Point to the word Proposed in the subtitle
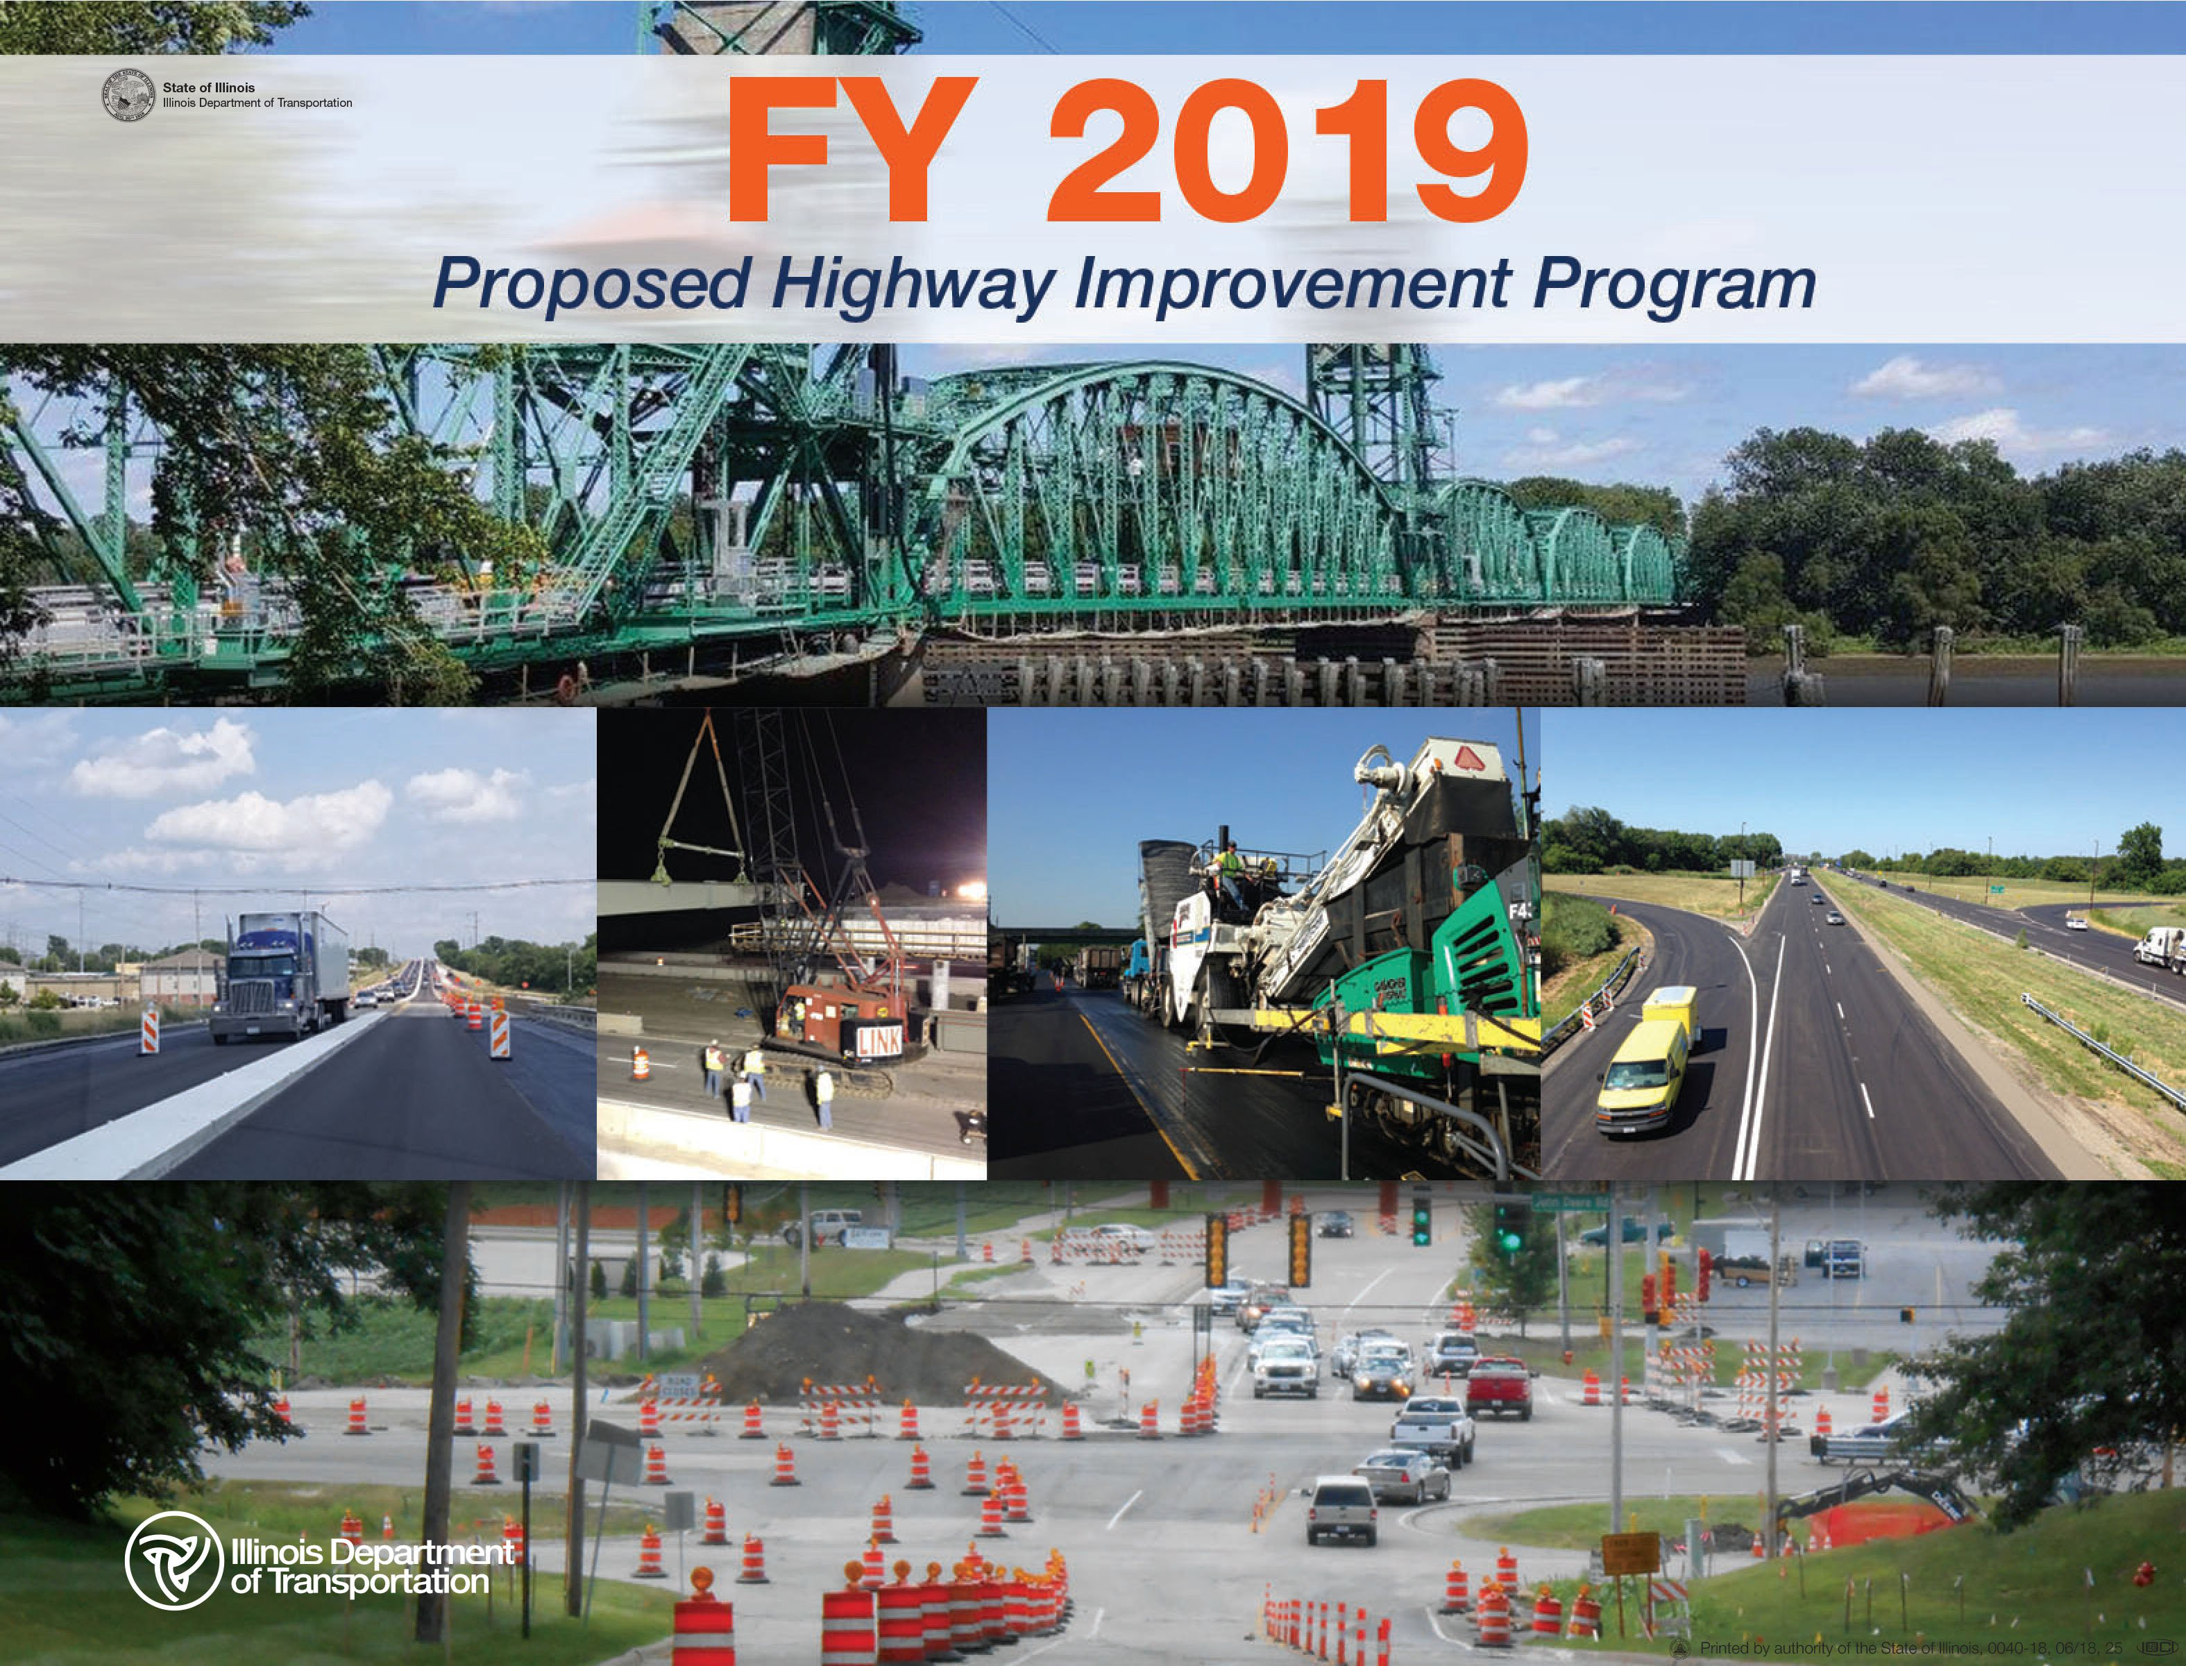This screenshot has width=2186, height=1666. (x=591, y=284)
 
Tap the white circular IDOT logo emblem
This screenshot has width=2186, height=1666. (x=173, y=1560)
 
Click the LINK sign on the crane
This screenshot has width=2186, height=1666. (x=879, y=1039)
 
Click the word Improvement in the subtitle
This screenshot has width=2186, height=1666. (x=1291, y=284)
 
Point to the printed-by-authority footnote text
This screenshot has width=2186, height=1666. (x=1909, y=1647)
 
